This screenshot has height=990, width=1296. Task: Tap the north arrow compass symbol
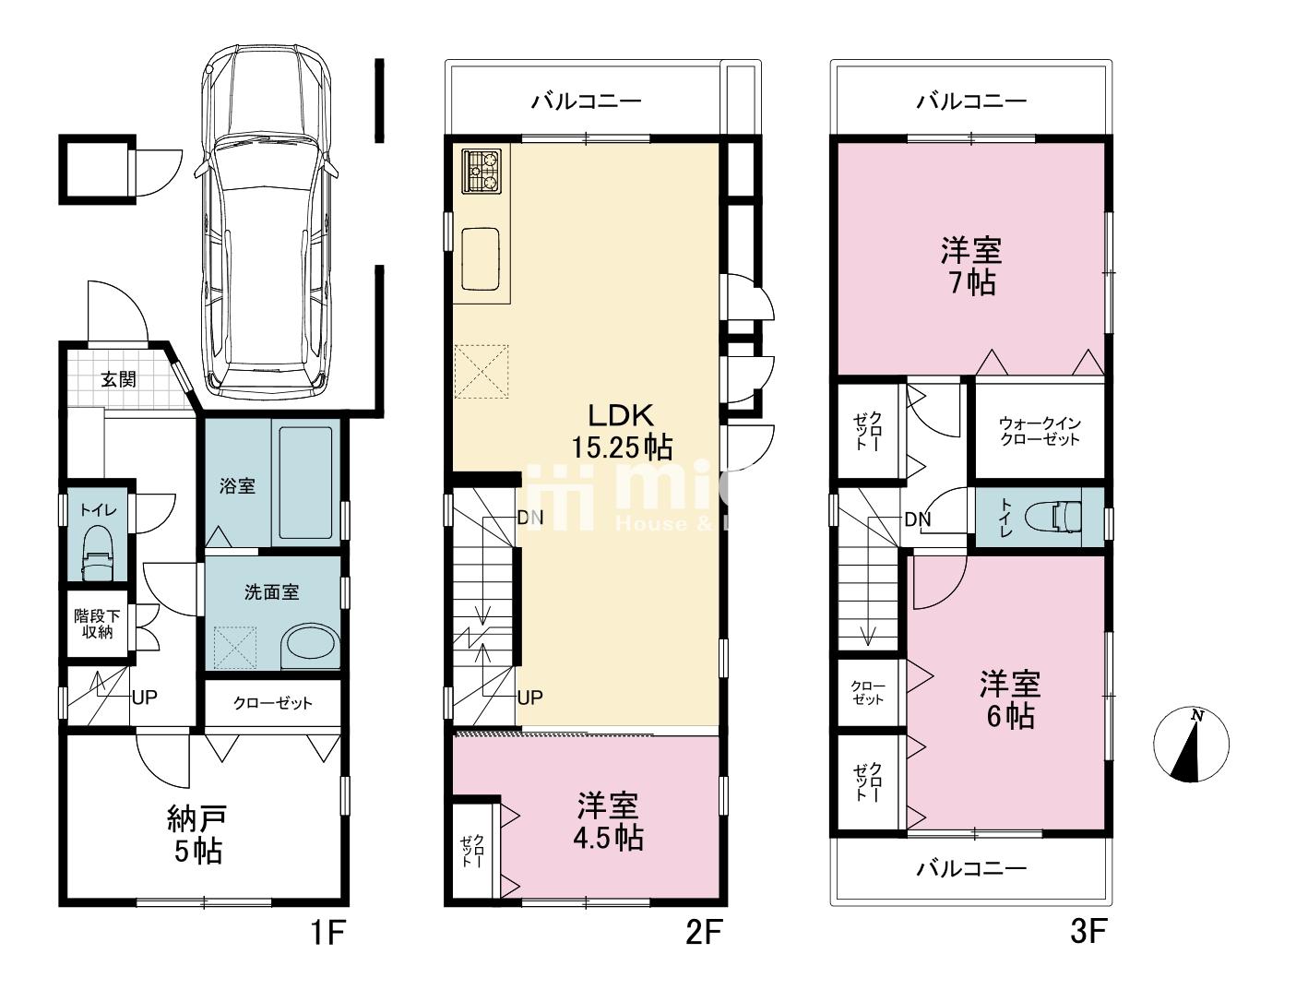(1192, 745)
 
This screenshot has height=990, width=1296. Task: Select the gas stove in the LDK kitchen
(482, 171)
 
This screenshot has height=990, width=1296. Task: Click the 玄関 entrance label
(118, 378)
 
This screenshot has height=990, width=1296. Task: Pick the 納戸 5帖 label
(197, 834)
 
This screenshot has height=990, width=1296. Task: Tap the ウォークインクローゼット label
(1039, 431)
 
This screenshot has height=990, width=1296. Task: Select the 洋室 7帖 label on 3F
(971, 266)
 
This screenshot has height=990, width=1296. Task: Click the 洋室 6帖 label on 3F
(1010, 699)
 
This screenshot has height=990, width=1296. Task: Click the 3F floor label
(1088, 933)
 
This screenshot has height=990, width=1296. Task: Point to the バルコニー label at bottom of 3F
(970, 868)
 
